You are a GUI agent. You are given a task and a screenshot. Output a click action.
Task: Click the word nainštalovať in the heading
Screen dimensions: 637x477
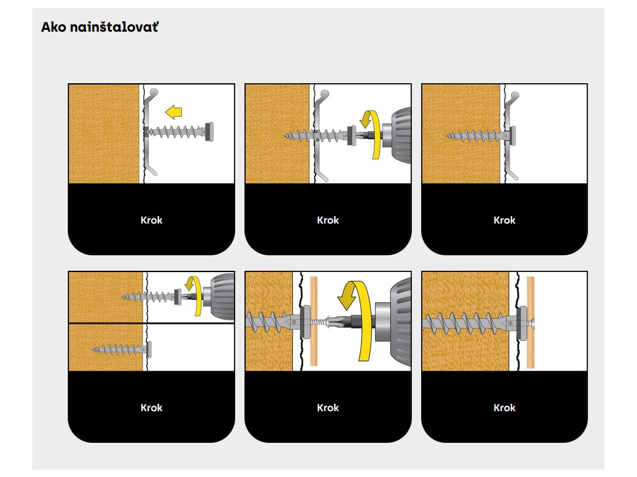coord(114,27)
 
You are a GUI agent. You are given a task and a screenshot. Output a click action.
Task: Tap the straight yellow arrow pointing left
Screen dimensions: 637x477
coord(174,112)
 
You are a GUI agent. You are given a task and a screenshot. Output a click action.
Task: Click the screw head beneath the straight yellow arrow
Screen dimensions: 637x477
coord(209,132)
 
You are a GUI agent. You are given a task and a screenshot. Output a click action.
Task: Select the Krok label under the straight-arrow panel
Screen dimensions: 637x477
coord(151,220)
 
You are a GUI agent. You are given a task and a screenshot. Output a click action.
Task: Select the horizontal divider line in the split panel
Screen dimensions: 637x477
coord(151,323)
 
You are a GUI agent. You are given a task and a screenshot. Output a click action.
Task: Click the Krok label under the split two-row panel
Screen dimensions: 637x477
coord(151,407)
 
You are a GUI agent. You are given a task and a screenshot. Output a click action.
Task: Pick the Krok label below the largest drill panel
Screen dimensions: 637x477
coord(328,407)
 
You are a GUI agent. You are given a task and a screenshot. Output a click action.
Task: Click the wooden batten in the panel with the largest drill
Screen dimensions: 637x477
coord(314,321)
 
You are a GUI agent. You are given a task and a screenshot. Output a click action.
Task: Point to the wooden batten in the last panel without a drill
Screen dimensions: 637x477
coord(530,322)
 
